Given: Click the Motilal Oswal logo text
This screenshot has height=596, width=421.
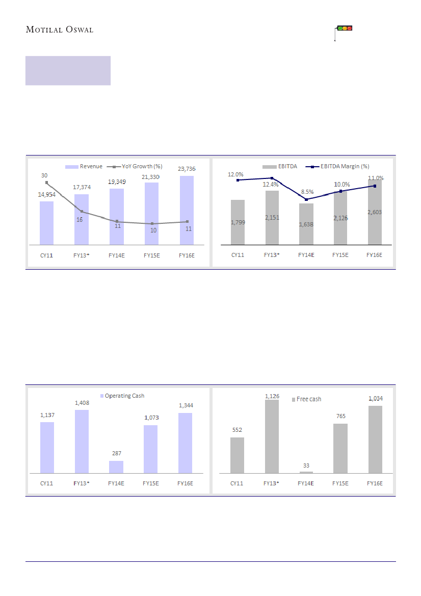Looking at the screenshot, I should tap(60, 30).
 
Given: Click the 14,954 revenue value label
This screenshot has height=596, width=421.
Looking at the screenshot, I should tap(46, 195).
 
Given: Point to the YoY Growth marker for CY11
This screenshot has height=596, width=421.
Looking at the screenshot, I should tap(46, 183).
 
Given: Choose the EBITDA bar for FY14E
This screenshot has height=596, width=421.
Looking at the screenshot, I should tap(306, 224).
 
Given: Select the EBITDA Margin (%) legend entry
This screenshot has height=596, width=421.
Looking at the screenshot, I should tap(340, 166).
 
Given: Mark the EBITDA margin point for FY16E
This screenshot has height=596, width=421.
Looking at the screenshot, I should tap(375, 186).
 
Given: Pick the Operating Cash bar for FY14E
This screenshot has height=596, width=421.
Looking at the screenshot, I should tap(116, 467).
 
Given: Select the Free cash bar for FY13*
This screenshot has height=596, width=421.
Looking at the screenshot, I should tap(272, 436).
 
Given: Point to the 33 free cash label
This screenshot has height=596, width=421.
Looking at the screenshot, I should tap(306, 465).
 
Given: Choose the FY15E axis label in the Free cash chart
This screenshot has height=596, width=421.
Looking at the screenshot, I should tap(340, 483).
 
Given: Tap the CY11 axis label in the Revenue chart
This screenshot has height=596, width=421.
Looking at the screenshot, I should tap(47, 255).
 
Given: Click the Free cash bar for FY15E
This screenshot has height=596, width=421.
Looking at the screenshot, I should tap(340, 448).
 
